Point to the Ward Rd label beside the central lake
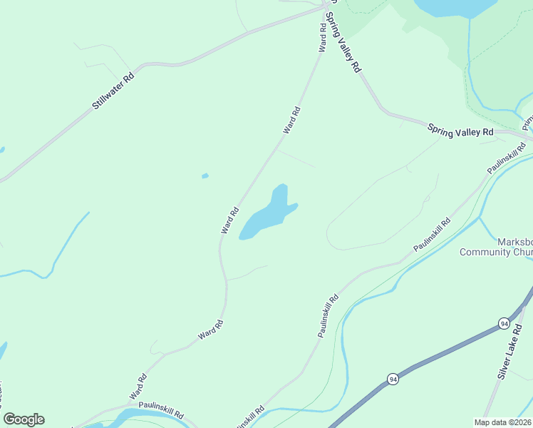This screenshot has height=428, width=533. (229, 220)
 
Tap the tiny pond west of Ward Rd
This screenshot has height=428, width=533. (205, 175)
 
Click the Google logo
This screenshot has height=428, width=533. (24, 419)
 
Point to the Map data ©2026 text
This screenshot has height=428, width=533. (503, 422)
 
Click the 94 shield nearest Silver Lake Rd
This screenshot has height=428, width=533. (504, 324)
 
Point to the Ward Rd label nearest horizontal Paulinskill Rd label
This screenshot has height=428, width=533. (138, 386)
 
